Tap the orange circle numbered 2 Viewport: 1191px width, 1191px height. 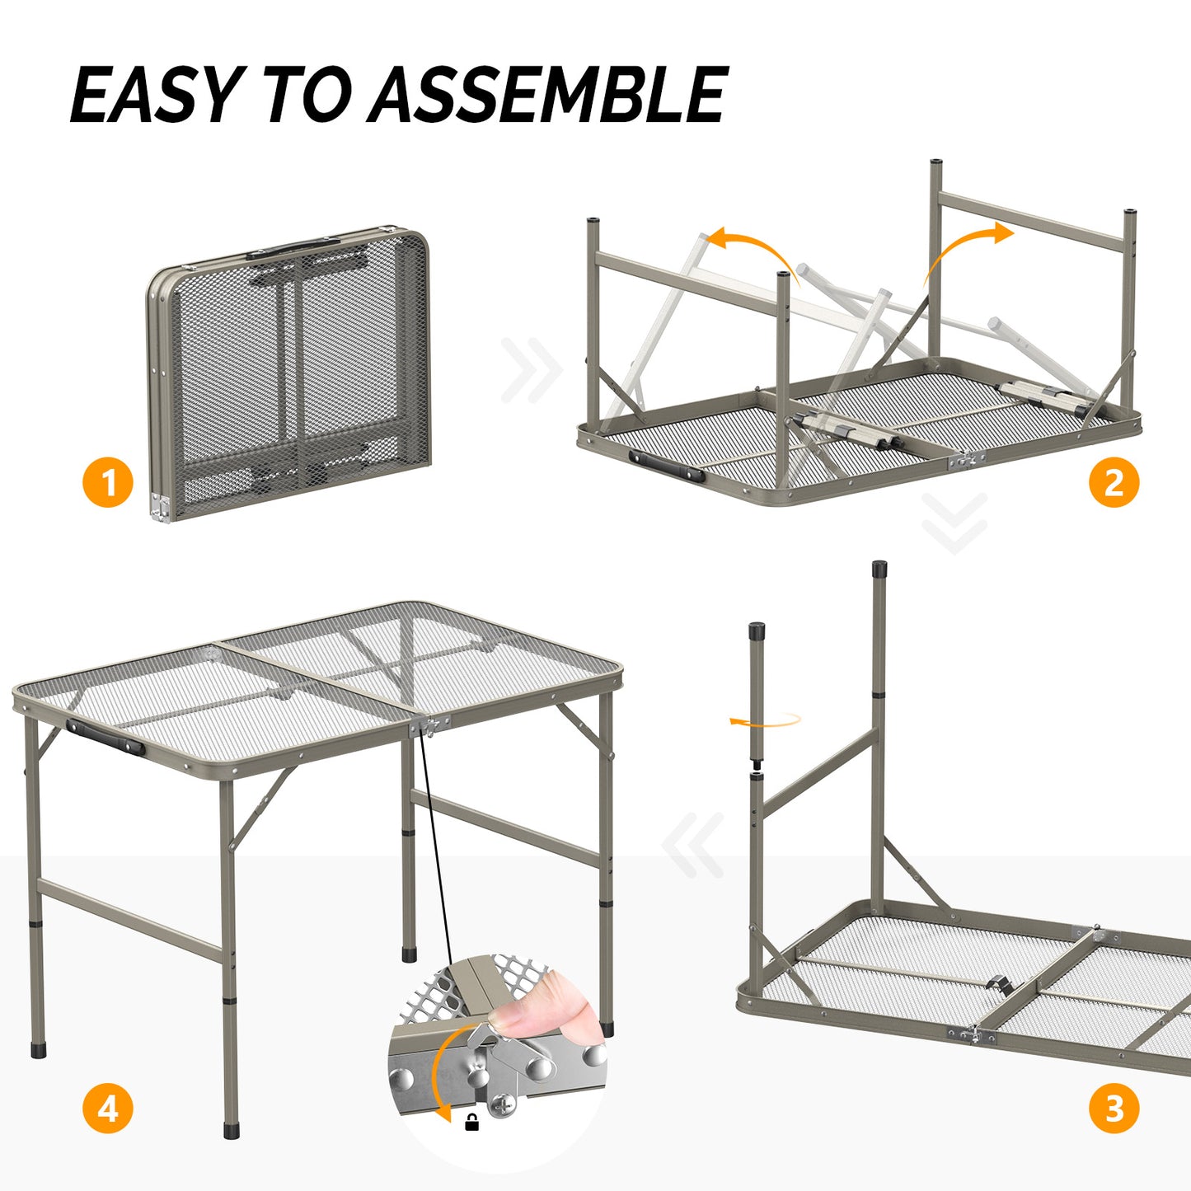(x=1114, y=482)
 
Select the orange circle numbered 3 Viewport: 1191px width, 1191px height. (x=1114, y=1109)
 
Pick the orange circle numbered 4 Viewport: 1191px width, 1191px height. (x=108, y=1109)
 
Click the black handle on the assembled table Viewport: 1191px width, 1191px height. (x=105, y=736)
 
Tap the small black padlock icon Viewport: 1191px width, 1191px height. (x=471, y=1122)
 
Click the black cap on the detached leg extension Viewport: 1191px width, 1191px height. (x=757, y=631)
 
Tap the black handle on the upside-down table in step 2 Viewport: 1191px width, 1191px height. (x=666, y=466)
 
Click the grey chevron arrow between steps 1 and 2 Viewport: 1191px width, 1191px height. (x=532, y=370)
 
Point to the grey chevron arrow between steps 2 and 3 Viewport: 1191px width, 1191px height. (x=954, y=523)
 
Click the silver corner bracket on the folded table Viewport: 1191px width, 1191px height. (x=159, y=508)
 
